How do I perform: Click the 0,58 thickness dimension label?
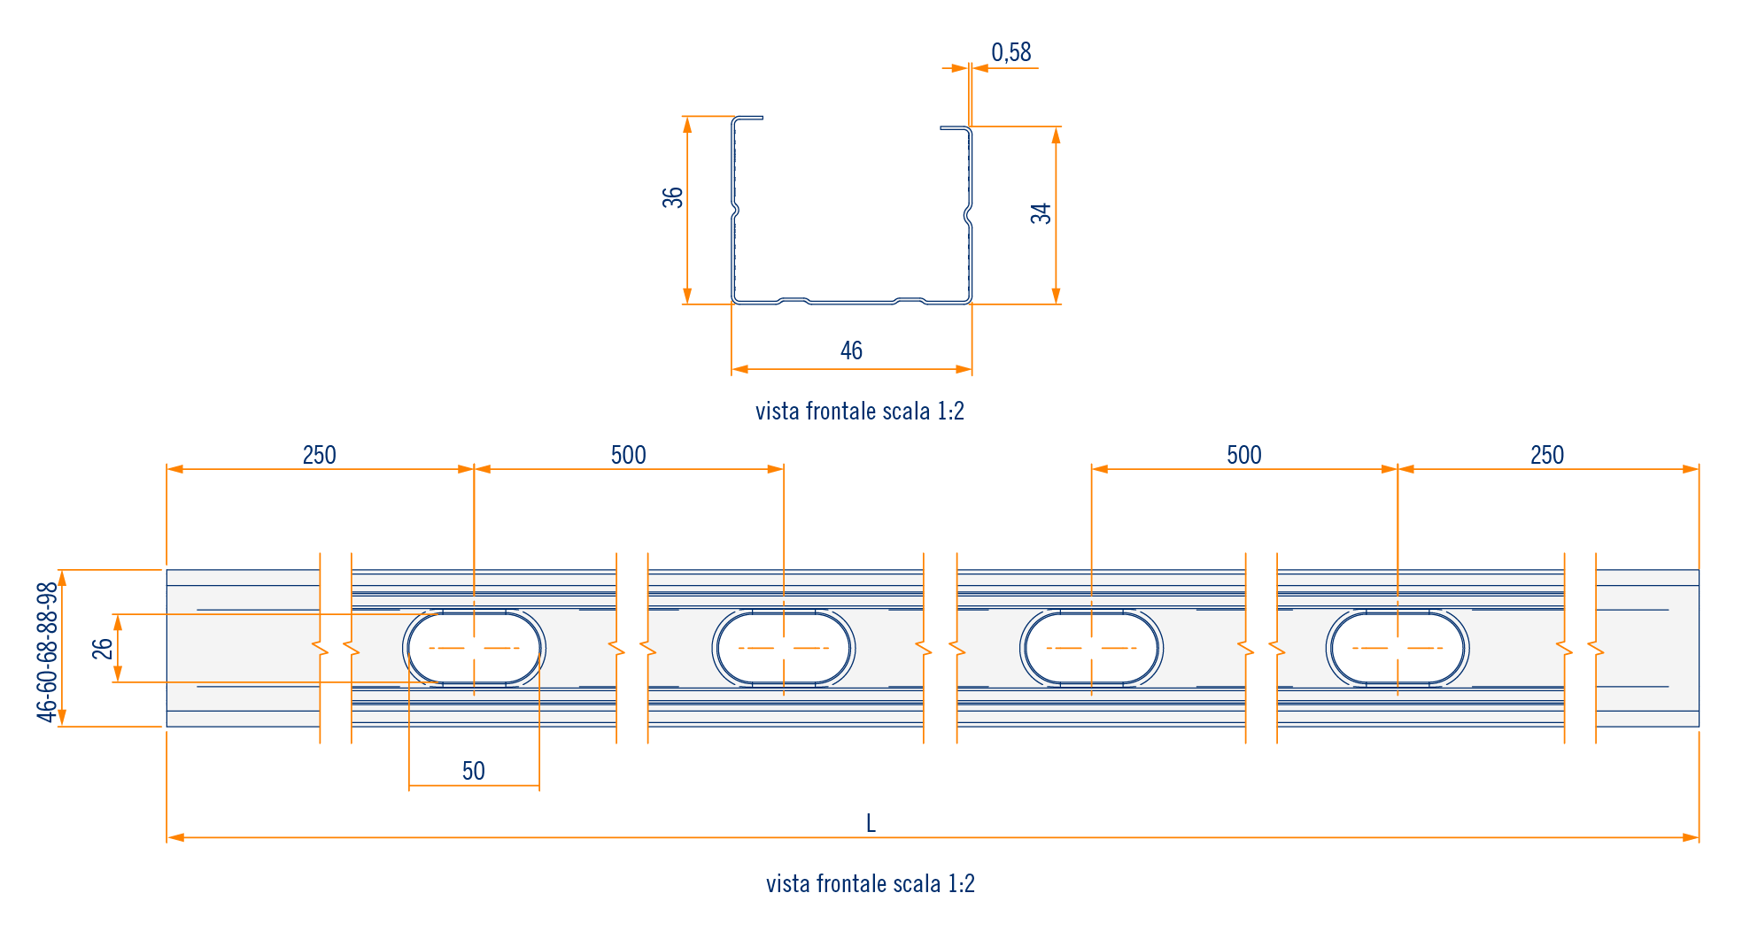(x=1010, y=53)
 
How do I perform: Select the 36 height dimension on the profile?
(x=673, y=197)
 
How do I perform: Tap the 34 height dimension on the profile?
(x=1041, y=213)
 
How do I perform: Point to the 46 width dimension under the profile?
(x=851, y=351)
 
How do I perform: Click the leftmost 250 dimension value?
(x=319, y=456)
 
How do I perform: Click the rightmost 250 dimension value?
(x=1546, y=456)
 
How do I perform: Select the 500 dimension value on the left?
(x=628, y=456)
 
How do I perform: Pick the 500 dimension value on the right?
(x=1243, y=456)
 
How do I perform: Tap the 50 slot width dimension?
(x=473, y=771)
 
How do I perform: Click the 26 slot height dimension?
(x=103, y=649)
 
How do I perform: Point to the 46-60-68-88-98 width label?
(x=47, y=651)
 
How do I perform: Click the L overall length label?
(x=871, y=824)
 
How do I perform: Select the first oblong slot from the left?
(x=474, y=648)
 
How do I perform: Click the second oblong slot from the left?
(x=783, y=648)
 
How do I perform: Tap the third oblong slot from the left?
(x=1091, y=648)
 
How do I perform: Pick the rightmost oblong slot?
(x=1397, y=648)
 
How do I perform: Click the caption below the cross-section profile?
(x=859, y=412)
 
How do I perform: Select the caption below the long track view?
(x=870, y=884)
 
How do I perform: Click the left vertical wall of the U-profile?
(x=733, y=257)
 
